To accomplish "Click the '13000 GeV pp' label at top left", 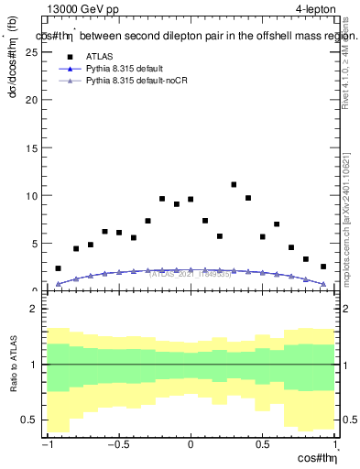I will (81, 9).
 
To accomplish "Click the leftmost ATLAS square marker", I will (58, 268).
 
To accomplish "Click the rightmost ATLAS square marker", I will (323, 267).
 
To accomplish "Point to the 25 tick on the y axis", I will (34, 52).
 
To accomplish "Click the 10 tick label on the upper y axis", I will (34, 195).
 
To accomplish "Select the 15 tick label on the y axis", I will (34, 147).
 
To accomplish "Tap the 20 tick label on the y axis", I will (34, 100).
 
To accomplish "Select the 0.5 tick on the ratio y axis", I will (32, 420).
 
